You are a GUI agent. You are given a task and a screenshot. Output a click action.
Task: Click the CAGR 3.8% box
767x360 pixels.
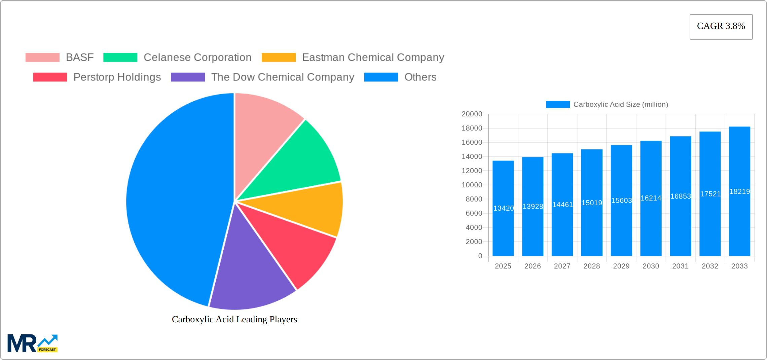pos(721,27)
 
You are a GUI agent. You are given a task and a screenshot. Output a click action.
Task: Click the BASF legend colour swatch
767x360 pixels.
pos(42,58)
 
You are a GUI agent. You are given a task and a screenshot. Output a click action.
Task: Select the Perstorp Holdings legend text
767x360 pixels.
pos(117,77)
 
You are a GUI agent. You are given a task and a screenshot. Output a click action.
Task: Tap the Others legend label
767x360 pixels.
pos(420,77)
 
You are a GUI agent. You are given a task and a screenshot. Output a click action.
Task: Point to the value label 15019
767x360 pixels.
pos(592,203)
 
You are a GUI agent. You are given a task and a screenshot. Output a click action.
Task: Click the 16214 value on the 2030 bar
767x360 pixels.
pos(651,198)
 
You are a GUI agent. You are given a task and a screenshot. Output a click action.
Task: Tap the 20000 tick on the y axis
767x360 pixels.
pos(472,114)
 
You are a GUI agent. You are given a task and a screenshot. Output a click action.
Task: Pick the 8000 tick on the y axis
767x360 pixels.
pos(474,199)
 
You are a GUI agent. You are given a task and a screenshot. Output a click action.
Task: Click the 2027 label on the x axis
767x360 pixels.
pos(562,266)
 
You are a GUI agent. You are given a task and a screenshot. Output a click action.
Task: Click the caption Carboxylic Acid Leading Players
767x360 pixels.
pos(234,319)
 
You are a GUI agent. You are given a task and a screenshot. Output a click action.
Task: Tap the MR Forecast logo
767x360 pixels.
pos(33,343)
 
